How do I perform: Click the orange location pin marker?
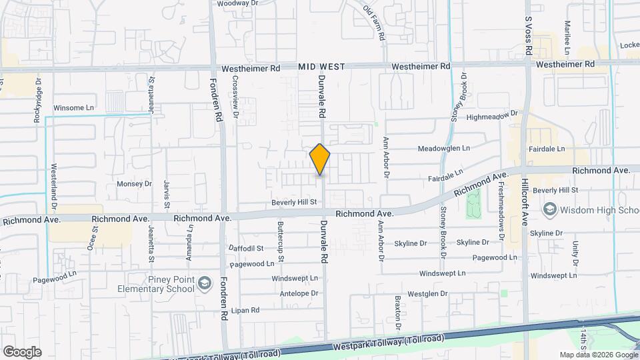click(x=320, y=159)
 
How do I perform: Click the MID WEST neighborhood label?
click(x=321, y=67)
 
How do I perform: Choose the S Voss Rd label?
click(x=527, y=36)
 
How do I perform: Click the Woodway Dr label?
click(x=237, y=3)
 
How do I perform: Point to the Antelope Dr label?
click(x=299, y=293)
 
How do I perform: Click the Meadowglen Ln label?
click(x=444, y=148)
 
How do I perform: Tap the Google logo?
click(x=22, y=351)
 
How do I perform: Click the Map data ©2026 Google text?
click(x=598, y=355)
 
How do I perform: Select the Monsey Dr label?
click(x=135, y=184)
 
